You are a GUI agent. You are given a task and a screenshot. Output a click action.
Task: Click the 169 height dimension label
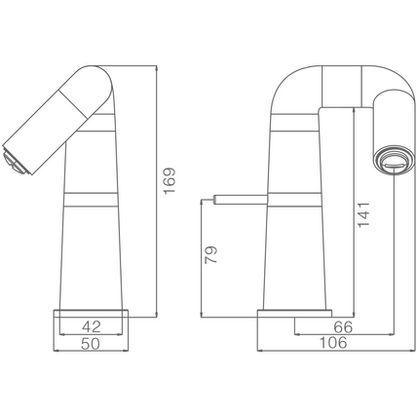pos(170,181)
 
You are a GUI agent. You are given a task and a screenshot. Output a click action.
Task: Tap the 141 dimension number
pos(363,214)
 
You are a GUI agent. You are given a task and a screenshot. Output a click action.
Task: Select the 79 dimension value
pos(211,255)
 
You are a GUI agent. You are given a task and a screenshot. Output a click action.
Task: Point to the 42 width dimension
pos(92,326)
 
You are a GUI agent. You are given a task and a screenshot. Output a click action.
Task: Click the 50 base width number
pos(91,344)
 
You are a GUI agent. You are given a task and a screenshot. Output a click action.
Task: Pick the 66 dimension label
pos(343,327)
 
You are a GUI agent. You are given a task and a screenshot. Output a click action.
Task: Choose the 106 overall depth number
pos(333,343)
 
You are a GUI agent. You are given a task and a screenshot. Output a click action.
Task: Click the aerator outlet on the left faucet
pos(15,160)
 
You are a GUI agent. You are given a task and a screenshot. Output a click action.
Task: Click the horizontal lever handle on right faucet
pos(241,200)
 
